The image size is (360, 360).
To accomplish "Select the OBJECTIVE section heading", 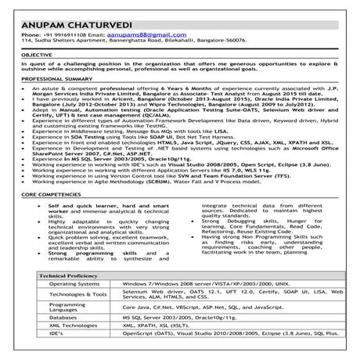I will pos(38,57).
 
